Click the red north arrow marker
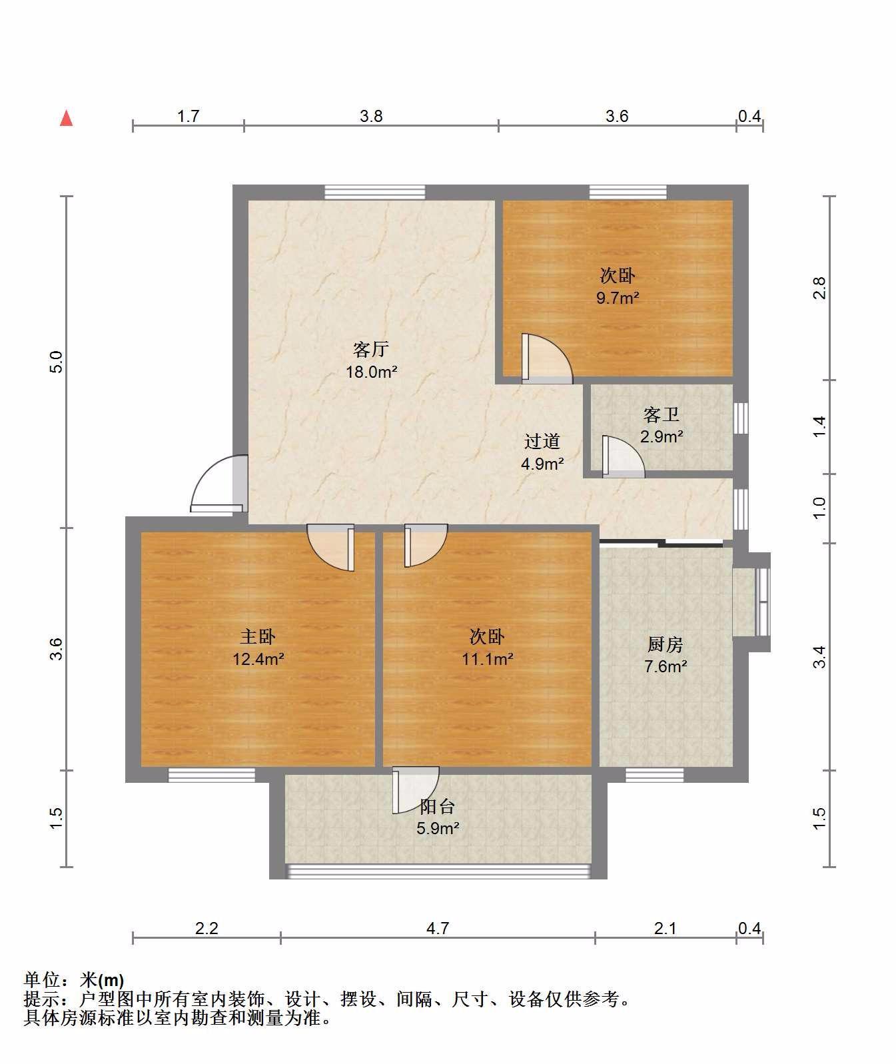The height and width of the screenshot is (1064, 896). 66,118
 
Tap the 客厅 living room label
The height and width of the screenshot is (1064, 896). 371,350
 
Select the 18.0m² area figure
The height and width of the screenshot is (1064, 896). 371,372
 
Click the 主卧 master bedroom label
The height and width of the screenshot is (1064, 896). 258,636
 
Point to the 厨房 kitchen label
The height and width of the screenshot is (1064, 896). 665,644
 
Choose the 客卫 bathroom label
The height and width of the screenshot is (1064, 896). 662,415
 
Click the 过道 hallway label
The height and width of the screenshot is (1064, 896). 542,441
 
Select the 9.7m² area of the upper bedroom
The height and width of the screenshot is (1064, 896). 618,298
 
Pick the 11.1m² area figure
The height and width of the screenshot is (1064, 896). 487,659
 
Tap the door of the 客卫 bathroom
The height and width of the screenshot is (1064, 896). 623,456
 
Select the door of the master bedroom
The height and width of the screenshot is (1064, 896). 331,548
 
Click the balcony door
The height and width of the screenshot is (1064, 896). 416,790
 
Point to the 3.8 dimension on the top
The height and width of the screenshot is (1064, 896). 371,116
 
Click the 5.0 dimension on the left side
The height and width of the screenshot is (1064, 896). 56,362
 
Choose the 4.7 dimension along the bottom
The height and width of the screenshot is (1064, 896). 437,929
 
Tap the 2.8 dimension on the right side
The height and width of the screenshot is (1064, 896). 819,288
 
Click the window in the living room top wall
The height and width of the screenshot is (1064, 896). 374,192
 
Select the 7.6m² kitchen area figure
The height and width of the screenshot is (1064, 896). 665,666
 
